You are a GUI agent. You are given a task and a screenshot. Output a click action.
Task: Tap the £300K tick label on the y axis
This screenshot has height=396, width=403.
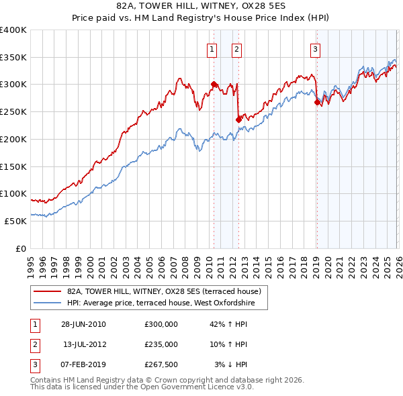click(13, 85)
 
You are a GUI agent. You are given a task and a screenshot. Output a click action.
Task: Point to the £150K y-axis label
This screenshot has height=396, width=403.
click(13, 166)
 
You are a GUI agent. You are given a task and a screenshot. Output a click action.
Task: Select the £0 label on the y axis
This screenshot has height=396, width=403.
click(20, 248)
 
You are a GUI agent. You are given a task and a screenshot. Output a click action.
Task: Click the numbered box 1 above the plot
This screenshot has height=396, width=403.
click(212, 48)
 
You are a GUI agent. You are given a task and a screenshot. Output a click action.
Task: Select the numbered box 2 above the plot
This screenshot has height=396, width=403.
click(237, 48)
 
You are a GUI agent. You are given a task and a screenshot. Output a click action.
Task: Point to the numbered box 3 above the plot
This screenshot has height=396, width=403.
click(315, 48)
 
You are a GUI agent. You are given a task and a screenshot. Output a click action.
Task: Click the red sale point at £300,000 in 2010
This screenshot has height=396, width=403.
click(214, 85)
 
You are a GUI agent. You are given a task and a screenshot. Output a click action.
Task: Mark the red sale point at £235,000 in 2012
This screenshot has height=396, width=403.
click(238, 119)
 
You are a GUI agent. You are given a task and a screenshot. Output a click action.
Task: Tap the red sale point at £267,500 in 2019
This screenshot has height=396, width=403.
click(316, 102)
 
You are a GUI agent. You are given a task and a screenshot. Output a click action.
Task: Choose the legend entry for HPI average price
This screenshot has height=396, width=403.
click(167, 303)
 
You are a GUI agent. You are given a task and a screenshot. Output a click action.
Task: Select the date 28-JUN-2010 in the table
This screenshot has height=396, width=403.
click(83, 324)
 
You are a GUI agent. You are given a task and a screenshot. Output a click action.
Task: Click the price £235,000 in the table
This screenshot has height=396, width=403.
click(161, 344)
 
